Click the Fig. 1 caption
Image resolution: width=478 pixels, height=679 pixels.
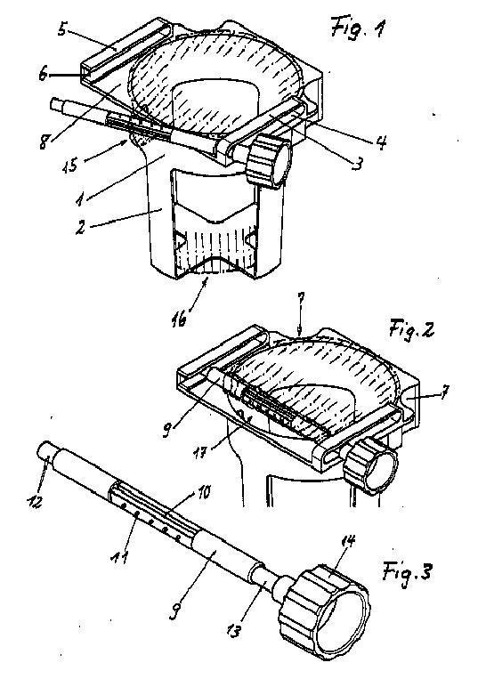click(x=358, y=28)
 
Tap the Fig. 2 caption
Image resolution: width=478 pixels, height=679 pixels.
click(x=411, y=329)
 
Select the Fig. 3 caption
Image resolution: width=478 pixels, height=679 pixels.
click(x=407, y=572)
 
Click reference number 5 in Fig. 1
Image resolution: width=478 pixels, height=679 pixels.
click(x=62, y=29)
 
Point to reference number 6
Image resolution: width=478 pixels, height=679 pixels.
click(x=43, y=75)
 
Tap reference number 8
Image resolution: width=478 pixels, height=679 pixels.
click(x=44, y=141)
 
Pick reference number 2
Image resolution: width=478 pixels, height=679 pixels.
click(x=80, y=228)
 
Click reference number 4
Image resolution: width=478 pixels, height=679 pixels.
click(x=381, y=142)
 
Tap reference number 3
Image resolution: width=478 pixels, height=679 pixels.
click(x=357, y=164)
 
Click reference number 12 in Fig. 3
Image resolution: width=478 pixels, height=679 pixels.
click(x=34, y=501)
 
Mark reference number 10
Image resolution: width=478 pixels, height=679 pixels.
click(x=203, y=493)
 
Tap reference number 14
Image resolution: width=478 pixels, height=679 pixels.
click(x=349, y=542)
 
